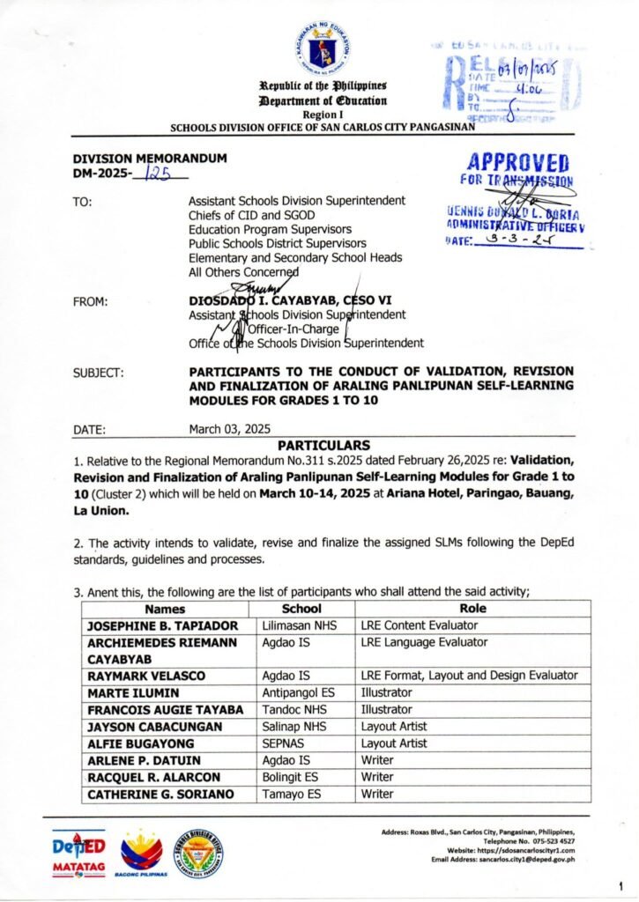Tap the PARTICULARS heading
coord(323,446)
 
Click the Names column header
coord(166,609)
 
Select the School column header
coord(301,609)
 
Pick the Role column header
coord(472,609)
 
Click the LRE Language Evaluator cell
coord(424,642)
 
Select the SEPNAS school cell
coord(284,743)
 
